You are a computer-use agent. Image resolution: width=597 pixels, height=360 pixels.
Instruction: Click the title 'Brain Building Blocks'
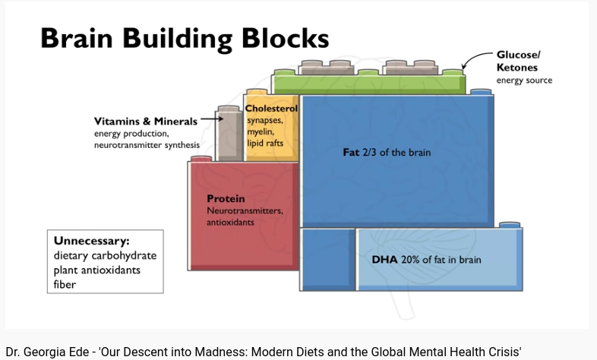[184, 38]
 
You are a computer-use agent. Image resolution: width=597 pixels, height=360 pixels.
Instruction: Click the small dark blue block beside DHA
[328, 259]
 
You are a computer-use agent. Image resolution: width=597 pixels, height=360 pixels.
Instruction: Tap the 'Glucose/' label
[518, 55]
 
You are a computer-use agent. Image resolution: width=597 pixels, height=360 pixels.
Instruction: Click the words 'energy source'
[524, 81]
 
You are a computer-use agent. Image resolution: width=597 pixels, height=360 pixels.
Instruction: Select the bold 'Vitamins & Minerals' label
[145, 122]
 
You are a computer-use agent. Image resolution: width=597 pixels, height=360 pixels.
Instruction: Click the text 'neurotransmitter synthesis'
[147, 145]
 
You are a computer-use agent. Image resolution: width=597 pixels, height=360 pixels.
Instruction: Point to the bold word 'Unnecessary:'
[87, 242]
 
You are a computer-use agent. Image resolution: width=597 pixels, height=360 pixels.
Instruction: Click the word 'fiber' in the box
[65, 284]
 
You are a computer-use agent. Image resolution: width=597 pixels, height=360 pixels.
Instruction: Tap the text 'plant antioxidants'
[96, 270]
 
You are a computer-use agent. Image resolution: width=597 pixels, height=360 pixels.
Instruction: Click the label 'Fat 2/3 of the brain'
[387, 153]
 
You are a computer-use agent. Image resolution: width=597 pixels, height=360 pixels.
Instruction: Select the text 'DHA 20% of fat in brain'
[426, 260]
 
